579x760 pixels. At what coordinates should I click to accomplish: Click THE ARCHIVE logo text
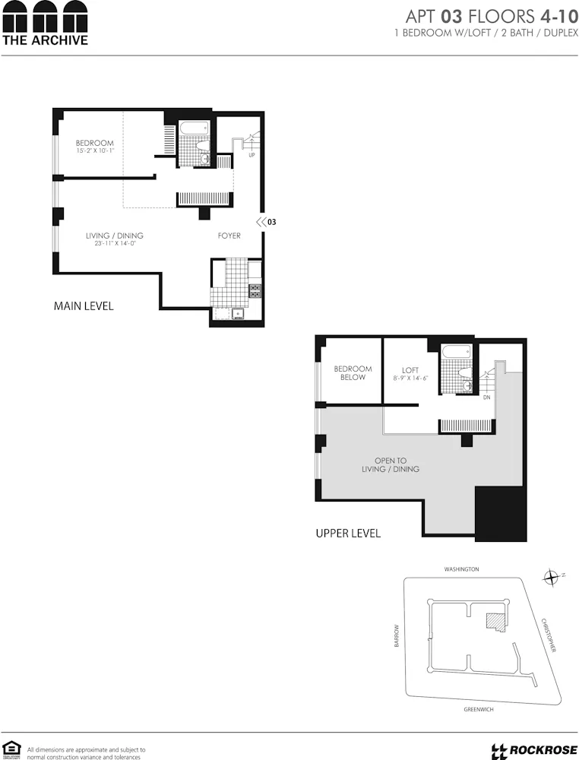45,40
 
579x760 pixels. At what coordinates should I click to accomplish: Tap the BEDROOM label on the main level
95,143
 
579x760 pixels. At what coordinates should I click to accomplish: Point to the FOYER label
229,236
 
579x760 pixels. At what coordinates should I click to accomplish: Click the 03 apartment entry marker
265,222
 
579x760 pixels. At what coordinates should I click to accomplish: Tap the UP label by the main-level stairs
251,156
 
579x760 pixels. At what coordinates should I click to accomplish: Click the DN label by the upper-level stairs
486,397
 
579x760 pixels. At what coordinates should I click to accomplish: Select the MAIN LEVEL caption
84,306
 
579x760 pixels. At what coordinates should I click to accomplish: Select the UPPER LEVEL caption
348,534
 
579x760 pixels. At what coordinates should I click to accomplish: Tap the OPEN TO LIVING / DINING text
397,465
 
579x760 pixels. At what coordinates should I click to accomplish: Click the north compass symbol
552,578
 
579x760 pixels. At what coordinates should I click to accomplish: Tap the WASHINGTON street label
462,568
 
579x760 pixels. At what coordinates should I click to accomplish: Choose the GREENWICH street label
479,709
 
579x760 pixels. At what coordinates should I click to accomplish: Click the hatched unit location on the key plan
496,621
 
